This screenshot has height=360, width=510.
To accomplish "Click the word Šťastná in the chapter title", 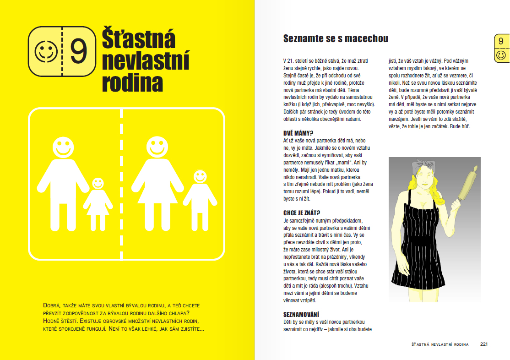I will [x=138, y=40].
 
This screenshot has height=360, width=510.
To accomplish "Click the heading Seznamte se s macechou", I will [x=336, y=38].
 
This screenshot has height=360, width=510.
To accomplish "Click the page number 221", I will [x=484, y=344].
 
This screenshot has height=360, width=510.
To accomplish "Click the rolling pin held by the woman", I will [x=467, y=184].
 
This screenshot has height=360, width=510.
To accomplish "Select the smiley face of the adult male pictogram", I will [x=63, y=147].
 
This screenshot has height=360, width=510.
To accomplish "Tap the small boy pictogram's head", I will [x=200, y=177].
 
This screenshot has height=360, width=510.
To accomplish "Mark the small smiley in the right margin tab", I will [x=501, y=55].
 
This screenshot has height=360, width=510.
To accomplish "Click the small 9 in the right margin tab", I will [x=501, y=42].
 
